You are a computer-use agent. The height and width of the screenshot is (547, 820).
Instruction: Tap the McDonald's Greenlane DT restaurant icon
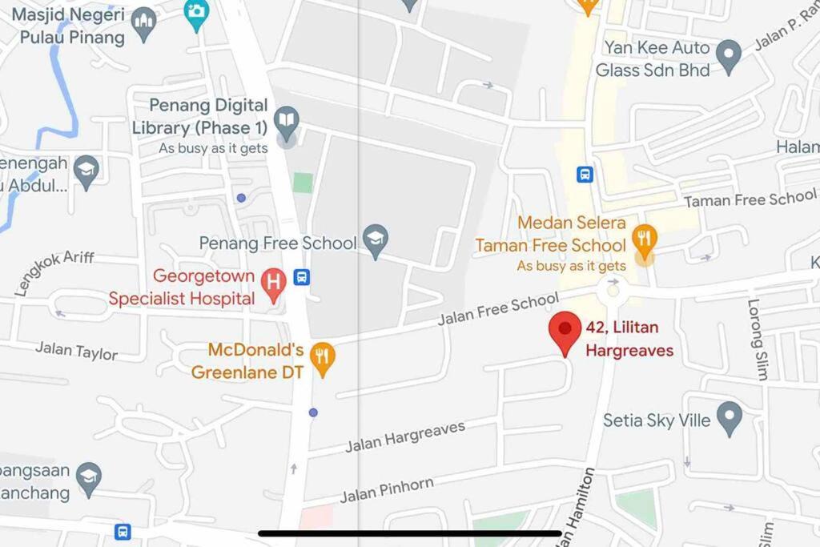(x=322, y=358)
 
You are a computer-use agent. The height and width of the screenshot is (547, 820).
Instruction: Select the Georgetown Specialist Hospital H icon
(x=274, y=284)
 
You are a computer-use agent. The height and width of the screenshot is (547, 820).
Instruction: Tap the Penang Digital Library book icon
(x=286, y=122)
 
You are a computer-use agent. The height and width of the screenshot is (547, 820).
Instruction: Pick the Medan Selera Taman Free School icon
(x=644, y=239)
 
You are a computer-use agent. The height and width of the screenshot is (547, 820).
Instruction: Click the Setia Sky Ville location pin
(x=729, y=418)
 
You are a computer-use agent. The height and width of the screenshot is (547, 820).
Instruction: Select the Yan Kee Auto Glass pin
(x=728, y=57)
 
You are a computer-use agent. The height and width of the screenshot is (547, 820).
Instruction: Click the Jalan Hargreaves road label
(x=405, y=436)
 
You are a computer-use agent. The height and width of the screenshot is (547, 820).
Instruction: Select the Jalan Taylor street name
(x=76, y=350)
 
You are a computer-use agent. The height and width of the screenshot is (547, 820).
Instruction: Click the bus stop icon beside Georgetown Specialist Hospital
(x=302, y=277)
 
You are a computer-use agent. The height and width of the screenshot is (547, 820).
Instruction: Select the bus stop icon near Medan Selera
(x=585, y=174)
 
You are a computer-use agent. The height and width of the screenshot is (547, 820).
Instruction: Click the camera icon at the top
(x=195, y=10)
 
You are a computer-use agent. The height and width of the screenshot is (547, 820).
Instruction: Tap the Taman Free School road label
(x=750, y=199)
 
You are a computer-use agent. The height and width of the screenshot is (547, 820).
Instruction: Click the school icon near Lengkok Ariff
(x=86, y=169)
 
